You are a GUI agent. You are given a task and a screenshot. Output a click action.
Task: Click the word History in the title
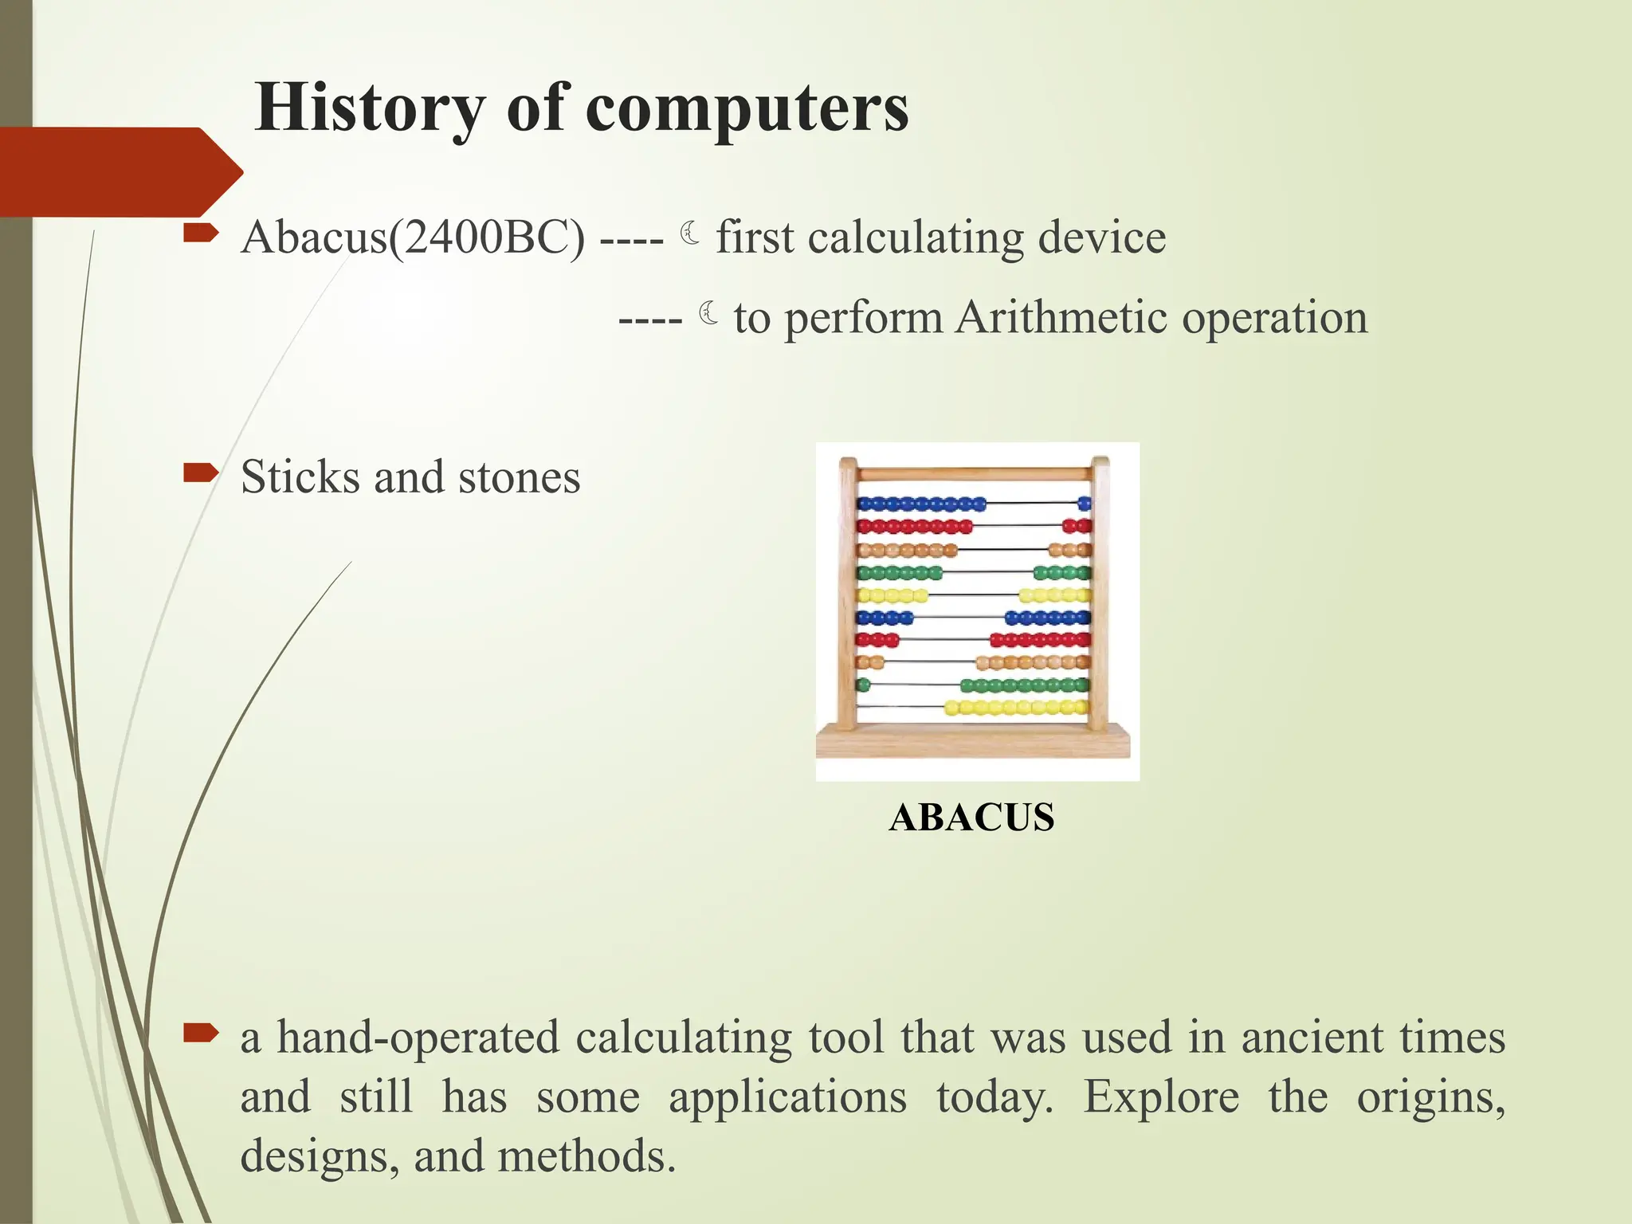point(369,108)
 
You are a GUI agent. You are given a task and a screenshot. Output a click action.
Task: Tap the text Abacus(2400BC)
point(413,237)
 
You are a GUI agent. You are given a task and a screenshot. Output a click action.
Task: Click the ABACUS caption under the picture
point(971,818)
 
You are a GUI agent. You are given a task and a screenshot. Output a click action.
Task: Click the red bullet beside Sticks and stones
point(200,473)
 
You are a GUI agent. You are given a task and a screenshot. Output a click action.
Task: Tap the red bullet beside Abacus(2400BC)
point(200,233)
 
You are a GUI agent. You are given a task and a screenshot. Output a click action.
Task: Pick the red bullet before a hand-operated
point(200,1034)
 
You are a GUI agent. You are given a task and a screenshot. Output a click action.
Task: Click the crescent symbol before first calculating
point(690,233)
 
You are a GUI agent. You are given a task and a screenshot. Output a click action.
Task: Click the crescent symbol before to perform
point(708,313)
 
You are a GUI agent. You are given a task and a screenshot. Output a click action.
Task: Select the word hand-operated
point(418,1038)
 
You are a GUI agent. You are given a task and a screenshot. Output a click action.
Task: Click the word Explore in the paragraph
point(1161,1097)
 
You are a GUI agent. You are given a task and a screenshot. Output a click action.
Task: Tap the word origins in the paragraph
point(1430,1097)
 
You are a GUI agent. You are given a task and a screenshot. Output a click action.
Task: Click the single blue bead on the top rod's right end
point(1084,503)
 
